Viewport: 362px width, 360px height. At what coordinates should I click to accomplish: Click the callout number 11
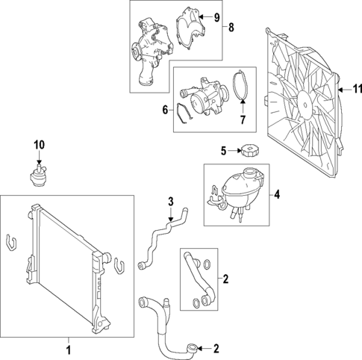tap(358, 89)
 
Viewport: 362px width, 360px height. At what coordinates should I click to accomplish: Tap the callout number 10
tap(40, 145)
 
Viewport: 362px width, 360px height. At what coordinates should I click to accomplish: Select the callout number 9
tap(217, 17)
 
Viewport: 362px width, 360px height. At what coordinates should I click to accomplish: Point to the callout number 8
tap(231, 28)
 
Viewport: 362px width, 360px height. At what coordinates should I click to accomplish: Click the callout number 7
tap(243, 120)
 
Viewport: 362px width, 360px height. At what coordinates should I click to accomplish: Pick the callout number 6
tap(165, 110)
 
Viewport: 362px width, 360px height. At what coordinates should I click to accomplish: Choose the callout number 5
tap(224, 151)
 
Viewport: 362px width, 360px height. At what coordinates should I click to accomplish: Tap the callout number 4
tap(277, 194)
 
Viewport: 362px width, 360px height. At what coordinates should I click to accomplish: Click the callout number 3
tap(170, 202)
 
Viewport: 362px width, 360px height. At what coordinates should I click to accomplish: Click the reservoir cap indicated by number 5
tap(248, 150)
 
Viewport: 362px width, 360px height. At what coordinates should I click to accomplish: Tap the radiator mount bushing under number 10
tap(37, 176)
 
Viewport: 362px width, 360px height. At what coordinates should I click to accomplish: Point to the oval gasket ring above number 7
tap(242, 85)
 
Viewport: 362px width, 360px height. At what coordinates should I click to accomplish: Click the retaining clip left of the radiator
tap(11, 242)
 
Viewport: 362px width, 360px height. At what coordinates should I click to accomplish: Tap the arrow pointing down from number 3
tap(170, 214)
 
